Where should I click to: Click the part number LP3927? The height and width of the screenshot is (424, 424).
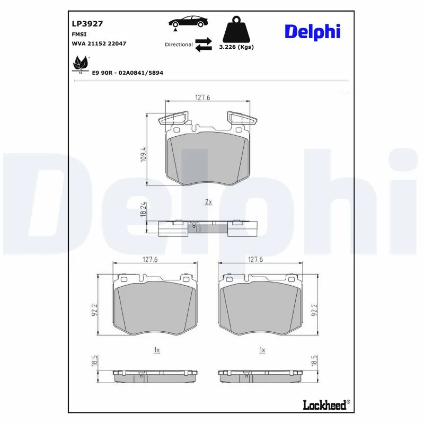point(87,24)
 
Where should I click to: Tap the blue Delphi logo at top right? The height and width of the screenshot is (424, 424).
point(312,31)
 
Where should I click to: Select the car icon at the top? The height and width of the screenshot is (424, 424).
point(188,22)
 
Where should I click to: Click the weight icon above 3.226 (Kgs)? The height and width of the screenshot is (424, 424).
point(236,30)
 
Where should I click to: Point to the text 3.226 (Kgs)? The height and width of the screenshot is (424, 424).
point(236,47)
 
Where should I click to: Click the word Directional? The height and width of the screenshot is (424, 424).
point(179,45)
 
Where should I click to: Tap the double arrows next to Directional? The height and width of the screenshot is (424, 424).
point(204,45)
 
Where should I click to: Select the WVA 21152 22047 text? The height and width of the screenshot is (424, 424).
point(99,43)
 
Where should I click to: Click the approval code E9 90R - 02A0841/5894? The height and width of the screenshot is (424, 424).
point(127,72)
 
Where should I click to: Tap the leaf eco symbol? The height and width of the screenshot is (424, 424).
point(80,65)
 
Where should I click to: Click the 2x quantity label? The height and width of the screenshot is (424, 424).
point(208,202)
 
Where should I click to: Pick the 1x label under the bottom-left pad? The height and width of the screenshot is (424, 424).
point(156,350)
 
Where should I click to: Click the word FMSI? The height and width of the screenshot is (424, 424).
point(79,34)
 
